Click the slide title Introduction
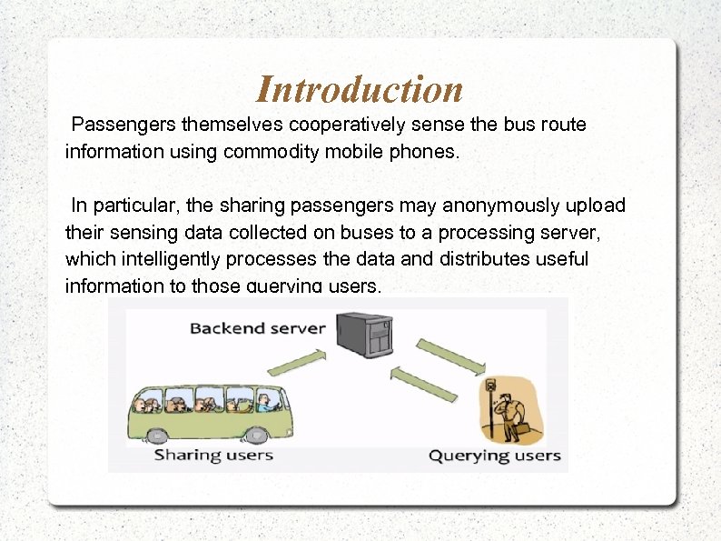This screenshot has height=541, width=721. pos(360,89)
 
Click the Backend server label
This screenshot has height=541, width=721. pos(257,327)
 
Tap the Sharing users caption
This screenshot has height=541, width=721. pos(213,454)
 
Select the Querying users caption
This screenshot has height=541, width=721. pos(495,455)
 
